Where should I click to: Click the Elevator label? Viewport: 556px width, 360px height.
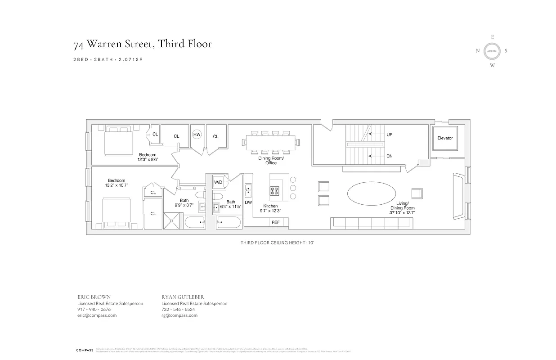(x=445, y=138)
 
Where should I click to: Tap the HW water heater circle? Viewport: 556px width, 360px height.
(x=197, y=135)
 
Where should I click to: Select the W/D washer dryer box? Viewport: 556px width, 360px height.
(x=218, y=182)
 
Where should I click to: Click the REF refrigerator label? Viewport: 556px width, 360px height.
(x=275, y=222)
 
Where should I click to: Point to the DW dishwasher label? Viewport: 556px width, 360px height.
(x=248, y=202)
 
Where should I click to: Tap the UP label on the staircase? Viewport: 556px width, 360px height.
(x=390, y=134)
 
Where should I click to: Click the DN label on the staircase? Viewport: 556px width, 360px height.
(x=390, y=156)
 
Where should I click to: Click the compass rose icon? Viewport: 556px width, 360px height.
(x=492, y=51)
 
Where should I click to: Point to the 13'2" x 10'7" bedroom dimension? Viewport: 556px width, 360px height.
(x=116, y=185)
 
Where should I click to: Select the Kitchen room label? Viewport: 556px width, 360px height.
(x=270, y=206)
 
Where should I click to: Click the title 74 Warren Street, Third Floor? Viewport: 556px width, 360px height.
(x=142, y=44)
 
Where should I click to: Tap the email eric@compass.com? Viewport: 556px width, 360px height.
(x=97, y=315)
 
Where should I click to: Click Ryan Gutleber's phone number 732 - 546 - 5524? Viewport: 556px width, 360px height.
(x=178, y=310)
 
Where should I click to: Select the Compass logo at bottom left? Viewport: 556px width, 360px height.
(x=84, y=350)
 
